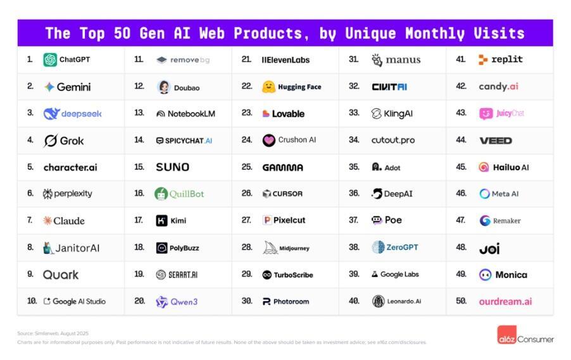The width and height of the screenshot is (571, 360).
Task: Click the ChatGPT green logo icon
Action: (50, 60)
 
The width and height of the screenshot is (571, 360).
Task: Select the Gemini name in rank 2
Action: (73, 87)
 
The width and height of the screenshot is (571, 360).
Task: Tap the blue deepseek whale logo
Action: (51, 114)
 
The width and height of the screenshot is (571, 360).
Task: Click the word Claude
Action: (69, 221)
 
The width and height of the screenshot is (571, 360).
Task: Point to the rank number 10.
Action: (32, 301)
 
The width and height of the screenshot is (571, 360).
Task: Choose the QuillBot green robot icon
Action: (161, 194)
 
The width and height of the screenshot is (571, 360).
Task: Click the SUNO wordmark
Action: (172, 167)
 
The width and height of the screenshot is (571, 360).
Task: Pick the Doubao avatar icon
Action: (163, 87)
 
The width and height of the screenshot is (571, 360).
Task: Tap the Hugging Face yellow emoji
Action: (269, 87)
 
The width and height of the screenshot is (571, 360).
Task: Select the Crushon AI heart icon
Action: (269, 140)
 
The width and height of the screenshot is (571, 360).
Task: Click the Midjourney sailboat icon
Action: (270, 248)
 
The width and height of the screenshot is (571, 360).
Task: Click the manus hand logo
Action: (377, 60)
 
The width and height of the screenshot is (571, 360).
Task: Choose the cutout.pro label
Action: (393, 140)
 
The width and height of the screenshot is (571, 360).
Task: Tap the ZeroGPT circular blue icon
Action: (378, 247)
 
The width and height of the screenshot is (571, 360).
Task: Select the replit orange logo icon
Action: (483, 60)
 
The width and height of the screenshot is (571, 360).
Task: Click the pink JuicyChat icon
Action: (486, 114)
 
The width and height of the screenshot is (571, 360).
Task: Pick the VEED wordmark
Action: (496, 140)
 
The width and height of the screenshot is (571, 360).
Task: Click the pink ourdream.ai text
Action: (505, 302)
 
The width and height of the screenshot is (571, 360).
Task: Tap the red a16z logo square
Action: (506, 336)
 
